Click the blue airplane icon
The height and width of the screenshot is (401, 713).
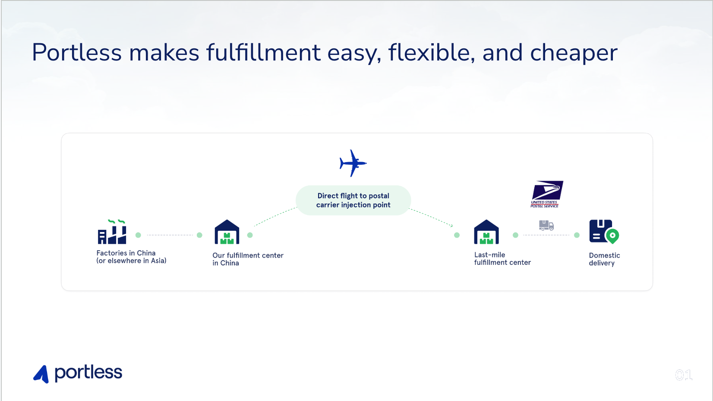click(353, 163)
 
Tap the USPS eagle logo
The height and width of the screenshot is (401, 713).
click(547, 194)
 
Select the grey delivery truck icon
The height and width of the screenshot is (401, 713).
click(546, 226)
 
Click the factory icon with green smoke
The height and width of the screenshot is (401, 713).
click(112, 232)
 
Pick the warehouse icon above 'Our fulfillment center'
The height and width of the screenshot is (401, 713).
click(227, 232)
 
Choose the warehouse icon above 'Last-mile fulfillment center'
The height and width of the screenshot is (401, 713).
click(486, 232)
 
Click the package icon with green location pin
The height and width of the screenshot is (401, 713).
click(604, 232)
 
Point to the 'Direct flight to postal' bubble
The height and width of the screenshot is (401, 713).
click(353, 200)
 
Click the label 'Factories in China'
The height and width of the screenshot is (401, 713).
click(126, 253)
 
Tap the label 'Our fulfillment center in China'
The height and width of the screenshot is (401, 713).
click(248, 259)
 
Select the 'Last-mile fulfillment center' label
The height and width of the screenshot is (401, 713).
click(502, 258)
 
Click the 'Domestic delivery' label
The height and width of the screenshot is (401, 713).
click(605, 259)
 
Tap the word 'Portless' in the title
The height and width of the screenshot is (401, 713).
click(77, 53)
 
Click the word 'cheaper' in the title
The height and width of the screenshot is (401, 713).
click(574, 53)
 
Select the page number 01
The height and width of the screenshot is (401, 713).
click(684, 375)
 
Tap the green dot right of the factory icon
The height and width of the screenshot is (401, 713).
click(138, 235)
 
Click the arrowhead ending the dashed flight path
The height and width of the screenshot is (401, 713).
click(451, 226)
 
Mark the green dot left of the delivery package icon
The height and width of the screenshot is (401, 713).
click(577, 235)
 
